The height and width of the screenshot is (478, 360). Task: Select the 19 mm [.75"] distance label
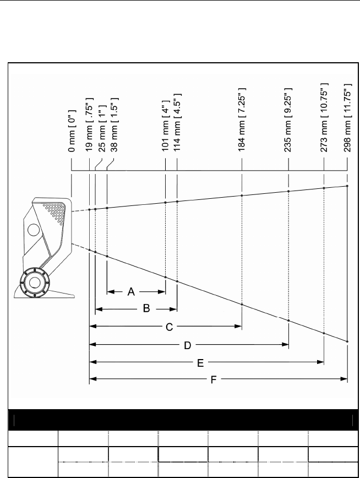click(89, 127)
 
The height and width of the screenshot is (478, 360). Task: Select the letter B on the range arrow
click(146, 309)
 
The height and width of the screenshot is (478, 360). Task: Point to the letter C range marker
click(170, 327)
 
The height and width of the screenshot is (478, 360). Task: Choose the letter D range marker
click(187, 345)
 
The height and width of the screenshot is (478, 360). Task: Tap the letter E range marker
click(201, 363)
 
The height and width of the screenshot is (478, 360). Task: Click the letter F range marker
click(213, 380)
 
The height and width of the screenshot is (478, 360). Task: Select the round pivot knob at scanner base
click(35, 281)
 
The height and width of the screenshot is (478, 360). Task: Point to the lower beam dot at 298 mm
click(347, 342)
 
